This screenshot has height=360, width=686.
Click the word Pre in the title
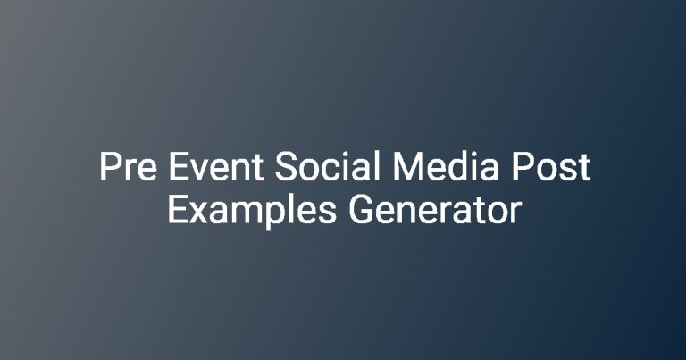tap(128, 167)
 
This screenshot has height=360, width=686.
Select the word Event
tap(215, 167)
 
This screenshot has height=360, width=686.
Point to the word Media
tap(446, 166)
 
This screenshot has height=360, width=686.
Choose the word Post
tap(551, 167)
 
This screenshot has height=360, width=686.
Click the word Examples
tap(252, 212)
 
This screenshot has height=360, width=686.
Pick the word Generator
tap(435, 211)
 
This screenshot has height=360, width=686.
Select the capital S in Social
tap(286, 167)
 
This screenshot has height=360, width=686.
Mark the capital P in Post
tap(522, 166)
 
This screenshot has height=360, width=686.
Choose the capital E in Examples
tap(178, 211)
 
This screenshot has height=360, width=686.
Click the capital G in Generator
tap(360, 211)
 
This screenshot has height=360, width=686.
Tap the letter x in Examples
tap(199, 213)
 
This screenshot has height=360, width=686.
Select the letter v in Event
tap(200, 170)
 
